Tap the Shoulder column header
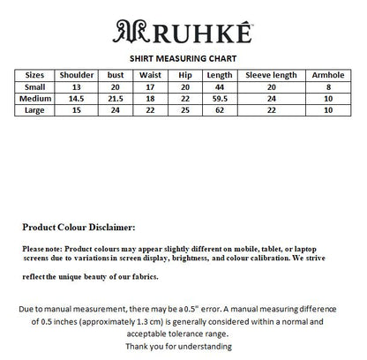[76, 75]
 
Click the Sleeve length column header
[271, 75]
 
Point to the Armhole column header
[329, 75]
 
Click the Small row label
[34, 86]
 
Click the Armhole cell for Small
[329, 86]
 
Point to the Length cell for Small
[219, 86]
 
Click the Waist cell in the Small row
[149, 86]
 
